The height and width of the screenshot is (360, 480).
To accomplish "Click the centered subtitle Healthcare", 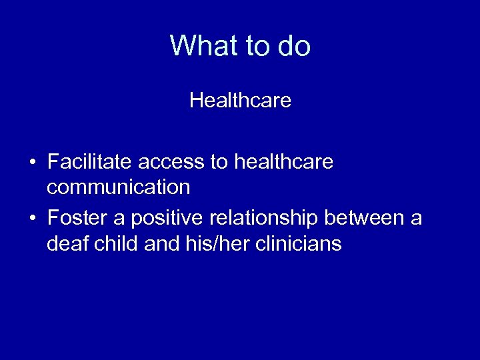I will (240, 101).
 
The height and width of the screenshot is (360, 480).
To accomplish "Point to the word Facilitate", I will (90, 162).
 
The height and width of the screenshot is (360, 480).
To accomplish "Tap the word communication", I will (119, 187).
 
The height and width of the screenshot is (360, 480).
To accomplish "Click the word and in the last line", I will (158, 244).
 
